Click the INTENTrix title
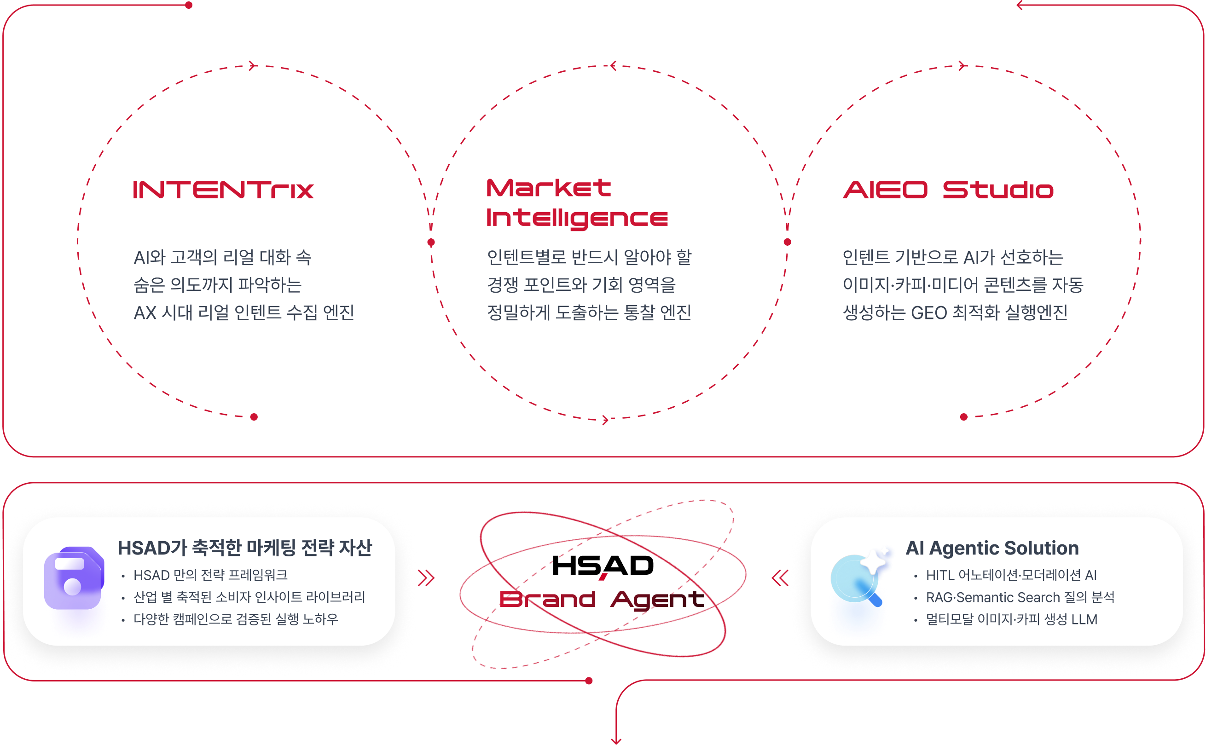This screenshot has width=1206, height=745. pyautogui.click(x=223, y=190)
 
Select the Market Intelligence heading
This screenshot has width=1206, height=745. pyautogui.click(x=577, y=203)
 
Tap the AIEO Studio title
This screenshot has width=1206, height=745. pyautogui.click(x=948, y=190)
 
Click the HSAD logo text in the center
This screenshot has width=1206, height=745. pyautogui.click(x=602, y=566)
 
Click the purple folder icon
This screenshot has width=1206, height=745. pyautogui.click(x=74, y=578)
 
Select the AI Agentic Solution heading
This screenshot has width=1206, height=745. pyautogui.click(x=992, y=548)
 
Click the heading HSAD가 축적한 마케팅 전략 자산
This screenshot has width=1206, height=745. pyautogui.click(x=244, y=548)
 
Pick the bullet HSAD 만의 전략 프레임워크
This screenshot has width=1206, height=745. pyautogui.click(x=210, y=575)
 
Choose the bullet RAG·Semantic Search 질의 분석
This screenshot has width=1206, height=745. pyautogui.click(x=1020, y=597)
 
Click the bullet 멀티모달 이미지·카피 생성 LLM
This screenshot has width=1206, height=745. pyautogui.click(x=1011, y=619)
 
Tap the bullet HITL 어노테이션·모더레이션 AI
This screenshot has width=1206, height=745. pyautogui.click(x=1011, y=575)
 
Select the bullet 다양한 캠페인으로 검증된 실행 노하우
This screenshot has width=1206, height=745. pyautogui.click(x=236, y=619)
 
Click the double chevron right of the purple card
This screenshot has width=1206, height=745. pyautogui.click(x=427, y=578)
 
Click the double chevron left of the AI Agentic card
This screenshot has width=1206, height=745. pyautogui.click(x=780, y=578)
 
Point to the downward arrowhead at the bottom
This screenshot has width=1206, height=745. pyautogui.click(x=616, y=740)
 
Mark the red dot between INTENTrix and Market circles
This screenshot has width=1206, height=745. pyautogui.click(x=431, y=242)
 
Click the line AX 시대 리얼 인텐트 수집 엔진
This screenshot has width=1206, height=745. pyautogui.click(x=244, y=312)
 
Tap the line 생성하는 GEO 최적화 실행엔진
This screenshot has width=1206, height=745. pyautogui.click(x=955, y=312)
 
